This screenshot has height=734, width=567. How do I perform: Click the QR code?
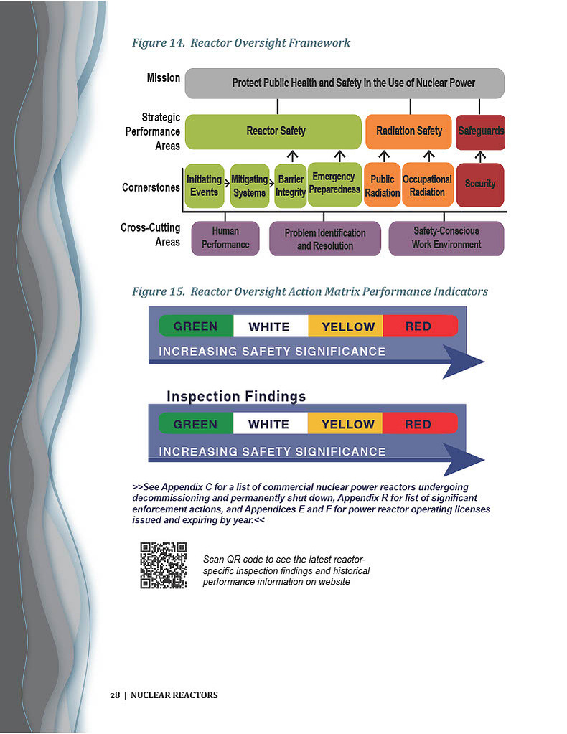coord(164,565)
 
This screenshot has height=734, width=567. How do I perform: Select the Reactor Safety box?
coord(273,131)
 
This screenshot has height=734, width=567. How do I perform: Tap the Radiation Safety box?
coord(408,131)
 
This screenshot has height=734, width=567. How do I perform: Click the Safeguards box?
coord(480,132)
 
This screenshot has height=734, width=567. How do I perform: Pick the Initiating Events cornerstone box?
coord(205,186)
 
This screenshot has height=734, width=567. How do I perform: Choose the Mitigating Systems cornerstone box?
coord(250,186)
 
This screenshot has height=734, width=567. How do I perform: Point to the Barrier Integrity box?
coord(290,186)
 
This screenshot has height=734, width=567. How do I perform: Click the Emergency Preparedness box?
coord(334,184)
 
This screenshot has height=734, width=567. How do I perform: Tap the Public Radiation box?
coord(382,184)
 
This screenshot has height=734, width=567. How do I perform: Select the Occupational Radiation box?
coord(428,184)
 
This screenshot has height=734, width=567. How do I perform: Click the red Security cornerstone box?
coord(480,185)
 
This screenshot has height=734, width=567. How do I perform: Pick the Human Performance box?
coord(225,238)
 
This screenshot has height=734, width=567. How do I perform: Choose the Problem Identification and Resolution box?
coord(325,238)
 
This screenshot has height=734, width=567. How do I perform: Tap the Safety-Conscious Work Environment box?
coord(446,238)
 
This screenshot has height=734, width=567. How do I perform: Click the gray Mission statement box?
coord(345,83)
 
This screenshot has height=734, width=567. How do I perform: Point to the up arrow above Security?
coord(480,156)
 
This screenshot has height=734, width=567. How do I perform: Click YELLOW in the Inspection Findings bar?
coord(347,424)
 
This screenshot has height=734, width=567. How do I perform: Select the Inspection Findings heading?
coord(236,397)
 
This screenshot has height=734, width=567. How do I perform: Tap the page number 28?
coord(115,695)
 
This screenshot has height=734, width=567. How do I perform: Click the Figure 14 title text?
coord(240,43)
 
